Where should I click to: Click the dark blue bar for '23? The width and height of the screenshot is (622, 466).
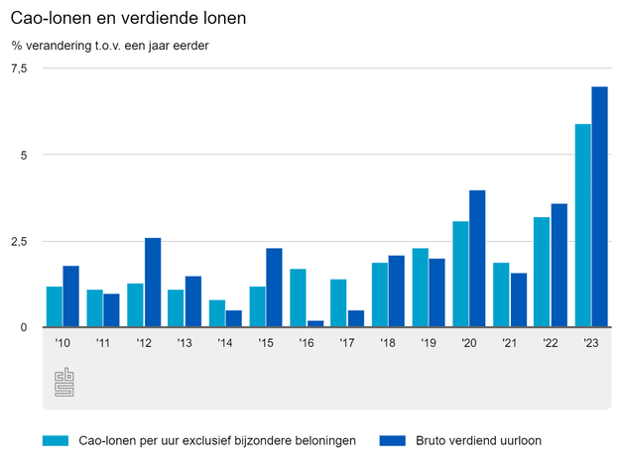(x=599, y=207)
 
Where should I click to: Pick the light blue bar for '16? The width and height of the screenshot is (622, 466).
(x=298, y=298)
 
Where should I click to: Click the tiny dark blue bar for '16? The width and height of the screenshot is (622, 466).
(x=314, y=323)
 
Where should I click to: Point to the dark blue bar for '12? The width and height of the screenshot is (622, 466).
(x=152, y=283)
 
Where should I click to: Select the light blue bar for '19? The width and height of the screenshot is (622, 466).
(x=420, y=288)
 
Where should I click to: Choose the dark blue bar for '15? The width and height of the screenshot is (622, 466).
(x=274, y=288)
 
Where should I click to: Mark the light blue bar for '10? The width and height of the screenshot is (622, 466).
(x=54, y=306)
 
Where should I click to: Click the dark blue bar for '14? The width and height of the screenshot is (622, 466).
(x=233, y=318)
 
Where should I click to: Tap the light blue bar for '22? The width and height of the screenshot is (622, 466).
(x=542, y=273)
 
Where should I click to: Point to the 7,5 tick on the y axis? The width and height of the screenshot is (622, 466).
(x=19, y=67)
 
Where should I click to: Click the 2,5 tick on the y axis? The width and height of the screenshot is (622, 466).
(x=19, y=241)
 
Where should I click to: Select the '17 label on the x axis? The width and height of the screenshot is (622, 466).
(x=347, y=343)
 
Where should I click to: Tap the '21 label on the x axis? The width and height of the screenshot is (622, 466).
(x=510, y=343)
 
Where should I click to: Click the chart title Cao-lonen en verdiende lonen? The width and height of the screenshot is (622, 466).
(x=129, y=19)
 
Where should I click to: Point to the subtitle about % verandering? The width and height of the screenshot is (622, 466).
(x=110, y=45)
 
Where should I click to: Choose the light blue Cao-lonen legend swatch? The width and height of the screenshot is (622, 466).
(x=55, y=439)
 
